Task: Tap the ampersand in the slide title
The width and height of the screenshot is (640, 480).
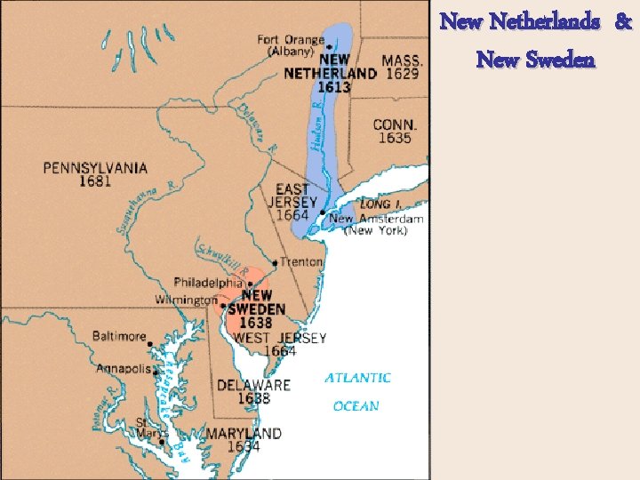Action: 624,22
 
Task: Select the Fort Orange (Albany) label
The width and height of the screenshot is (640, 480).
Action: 291,45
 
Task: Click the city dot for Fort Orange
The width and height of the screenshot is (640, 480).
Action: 329,46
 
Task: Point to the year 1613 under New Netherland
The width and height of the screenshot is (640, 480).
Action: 333,87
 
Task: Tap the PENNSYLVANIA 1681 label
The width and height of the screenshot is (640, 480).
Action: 96,174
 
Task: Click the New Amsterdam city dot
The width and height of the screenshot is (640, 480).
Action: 322,212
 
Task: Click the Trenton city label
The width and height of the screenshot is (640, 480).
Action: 301,262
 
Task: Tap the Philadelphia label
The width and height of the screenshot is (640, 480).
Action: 208,283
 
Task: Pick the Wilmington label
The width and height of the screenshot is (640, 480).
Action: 186,300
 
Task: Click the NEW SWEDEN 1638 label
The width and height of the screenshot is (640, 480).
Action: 256,308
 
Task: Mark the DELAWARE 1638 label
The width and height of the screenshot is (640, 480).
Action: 253,392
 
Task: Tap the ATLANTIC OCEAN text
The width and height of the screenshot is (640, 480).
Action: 356,392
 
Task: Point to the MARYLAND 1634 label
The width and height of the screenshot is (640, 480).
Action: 244,440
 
